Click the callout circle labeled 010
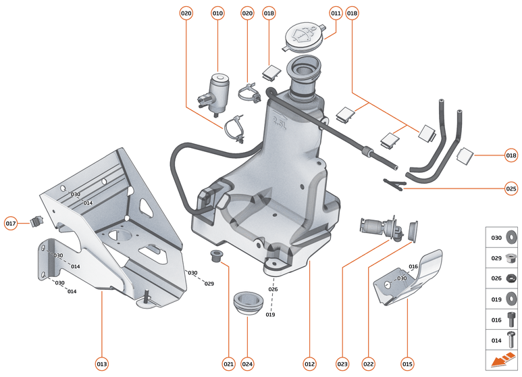click(x=217, y=13)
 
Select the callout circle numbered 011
click(x=336, y=13)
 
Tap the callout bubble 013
click(x=101, y=364)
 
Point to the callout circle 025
click(x=511, y=188)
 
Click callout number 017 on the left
click(x=11, y=223)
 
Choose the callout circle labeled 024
click(x=247, y=364)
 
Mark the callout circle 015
click(x=407, y=364)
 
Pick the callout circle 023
click(x=342, y=364)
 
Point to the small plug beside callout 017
click(x=36, y=220)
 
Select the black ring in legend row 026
click(x=511, y=278)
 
